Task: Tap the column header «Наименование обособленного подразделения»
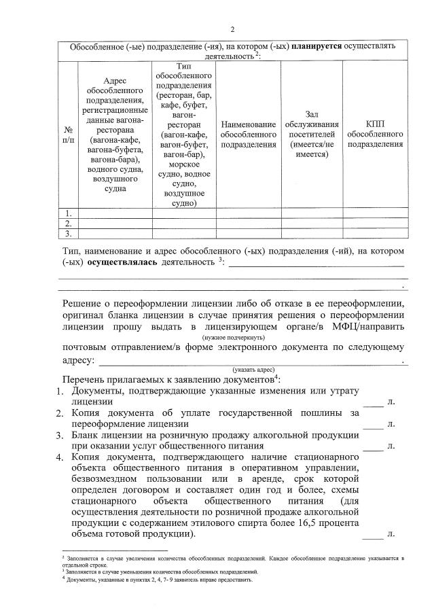click(248, 134)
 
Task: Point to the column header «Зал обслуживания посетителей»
click(312, 134)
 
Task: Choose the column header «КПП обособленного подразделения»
click(374, 134)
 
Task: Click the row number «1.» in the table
click(69, 213)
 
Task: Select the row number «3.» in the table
click(69, 233)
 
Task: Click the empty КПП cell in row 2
click(374, 223)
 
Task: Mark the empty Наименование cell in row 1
click(248, 213)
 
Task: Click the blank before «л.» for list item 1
click(373, 402)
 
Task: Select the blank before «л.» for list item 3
click(373, 446)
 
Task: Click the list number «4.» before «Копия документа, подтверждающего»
click(59, 457)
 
